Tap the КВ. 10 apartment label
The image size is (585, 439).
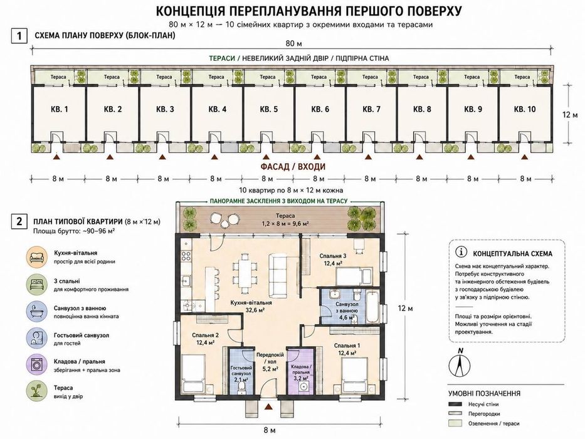click(525, 109)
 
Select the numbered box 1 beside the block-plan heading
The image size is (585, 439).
click(19, 36)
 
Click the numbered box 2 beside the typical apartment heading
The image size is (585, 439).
click(19, 221)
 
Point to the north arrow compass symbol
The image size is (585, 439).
click(461, 363)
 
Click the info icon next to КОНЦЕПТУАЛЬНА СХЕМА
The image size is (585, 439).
click(461, 252)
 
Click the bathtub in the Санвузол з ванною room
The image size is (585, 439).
click(373, 307)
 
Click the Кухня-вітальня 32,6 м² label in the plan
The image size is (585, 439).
click(250, 306)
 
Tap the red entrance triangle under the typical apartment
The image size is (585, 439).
click(268, 406)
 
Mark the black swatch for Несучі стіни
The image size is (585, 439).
click(455, 405)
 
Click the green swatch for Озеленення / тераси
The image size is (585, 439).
click(455, 423)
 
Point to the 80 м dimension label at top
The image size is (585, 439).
click(293, 44)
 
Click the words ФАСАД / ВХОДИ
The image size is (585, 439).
click(293, 166)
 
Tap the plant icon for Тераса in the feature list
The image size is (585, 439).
click(37, 391)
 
